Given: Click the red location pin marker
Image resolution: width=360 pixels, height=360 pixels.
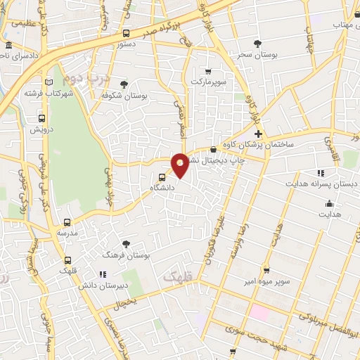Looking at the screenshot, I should point(181,165).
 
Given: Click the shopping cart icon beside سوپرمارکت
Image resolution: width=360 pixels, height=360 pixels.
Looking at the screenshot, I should point(208,71).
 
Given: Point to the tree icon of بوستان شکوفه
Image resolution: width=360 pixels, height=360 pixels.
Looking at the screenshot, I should point(124,84).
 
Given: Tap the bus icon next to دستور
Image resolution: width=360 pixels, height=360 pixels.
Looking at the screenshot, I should point(127,33).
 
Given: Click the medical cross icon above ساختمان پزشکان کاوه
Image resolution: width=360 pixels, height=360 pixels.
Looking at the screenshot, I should point(258,134).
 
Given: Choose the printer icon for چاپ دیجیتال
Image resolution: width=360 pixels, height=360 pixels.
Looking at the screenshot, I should point(214,149).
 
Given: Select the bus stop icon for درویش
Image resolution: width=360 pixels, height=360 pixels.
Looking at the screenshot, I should point(41,118).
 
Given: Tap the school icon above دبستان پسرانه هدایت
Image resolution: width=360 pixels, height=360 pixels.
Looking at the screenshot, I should point(321,172).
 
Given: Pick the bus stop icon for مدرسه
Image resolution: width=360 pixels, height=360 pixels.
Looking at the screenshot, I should point(67,221).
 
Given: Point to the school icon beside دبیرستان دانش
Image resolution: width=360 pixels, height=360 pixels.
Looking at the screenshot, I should point(103,274).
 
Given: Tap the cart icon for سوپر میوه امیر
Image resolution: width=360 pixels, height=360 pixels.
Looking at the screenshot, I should point(266,270).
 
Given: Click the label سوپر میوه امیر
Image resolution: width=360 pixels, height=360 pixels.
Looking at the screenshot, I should point(266,282).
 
